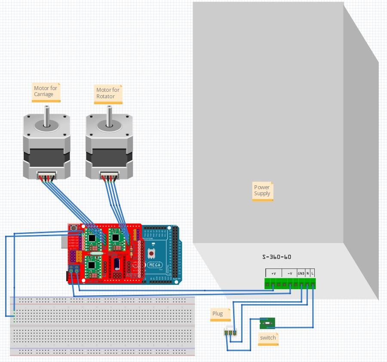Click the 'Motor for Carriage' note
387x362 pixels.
46,92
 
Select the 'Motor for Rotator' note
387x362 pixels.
108,94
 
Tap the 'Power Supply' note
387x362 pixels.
262,190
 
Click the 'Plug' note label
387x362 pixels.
218,314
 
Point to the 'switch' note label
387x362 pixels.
267,338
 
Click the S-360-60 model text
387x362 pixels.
276,257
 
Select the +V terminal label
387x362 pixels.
273,274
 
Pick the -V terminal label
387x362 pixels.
290,274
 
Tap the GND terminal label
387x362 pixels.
301,274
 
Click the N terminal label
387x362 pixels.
307,274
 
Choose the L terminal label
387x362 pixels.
313,274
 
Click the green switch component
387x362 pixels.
267,323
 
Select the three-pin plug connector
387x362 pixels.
230,332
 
